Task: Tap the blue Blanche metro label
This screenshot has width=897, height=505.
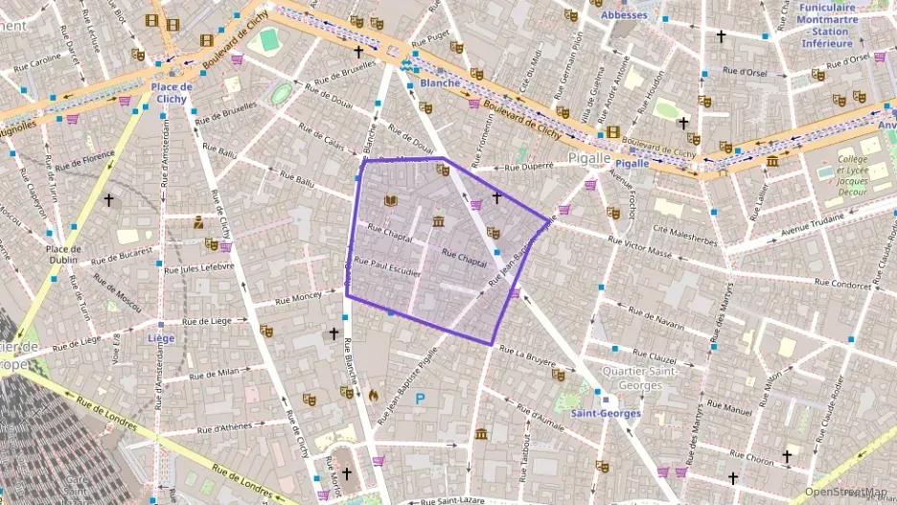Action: pos(440,83)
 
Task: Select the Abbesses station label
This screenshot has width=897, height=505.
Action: pos(624,15)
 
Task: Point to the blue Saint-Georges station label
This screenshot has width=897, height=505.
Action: pos(605,413)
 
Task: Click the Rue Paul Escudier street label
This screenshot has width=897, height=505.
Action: pos(387,266)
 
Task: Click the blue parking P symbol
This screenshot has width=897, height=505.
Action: pos(420,397)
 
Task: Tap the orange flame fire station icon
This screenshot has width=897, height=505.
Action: pos(373,393)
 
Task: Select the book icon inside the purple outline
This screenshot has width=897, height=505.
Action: pos(390,201)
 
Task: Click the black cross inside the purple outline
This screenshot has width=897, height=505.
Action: pos(496,197)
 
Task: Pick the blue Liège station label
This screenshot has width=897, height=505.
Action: pos(161,338)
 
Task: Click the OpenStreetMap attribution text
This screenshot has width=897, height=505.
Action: pos(845,492)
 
